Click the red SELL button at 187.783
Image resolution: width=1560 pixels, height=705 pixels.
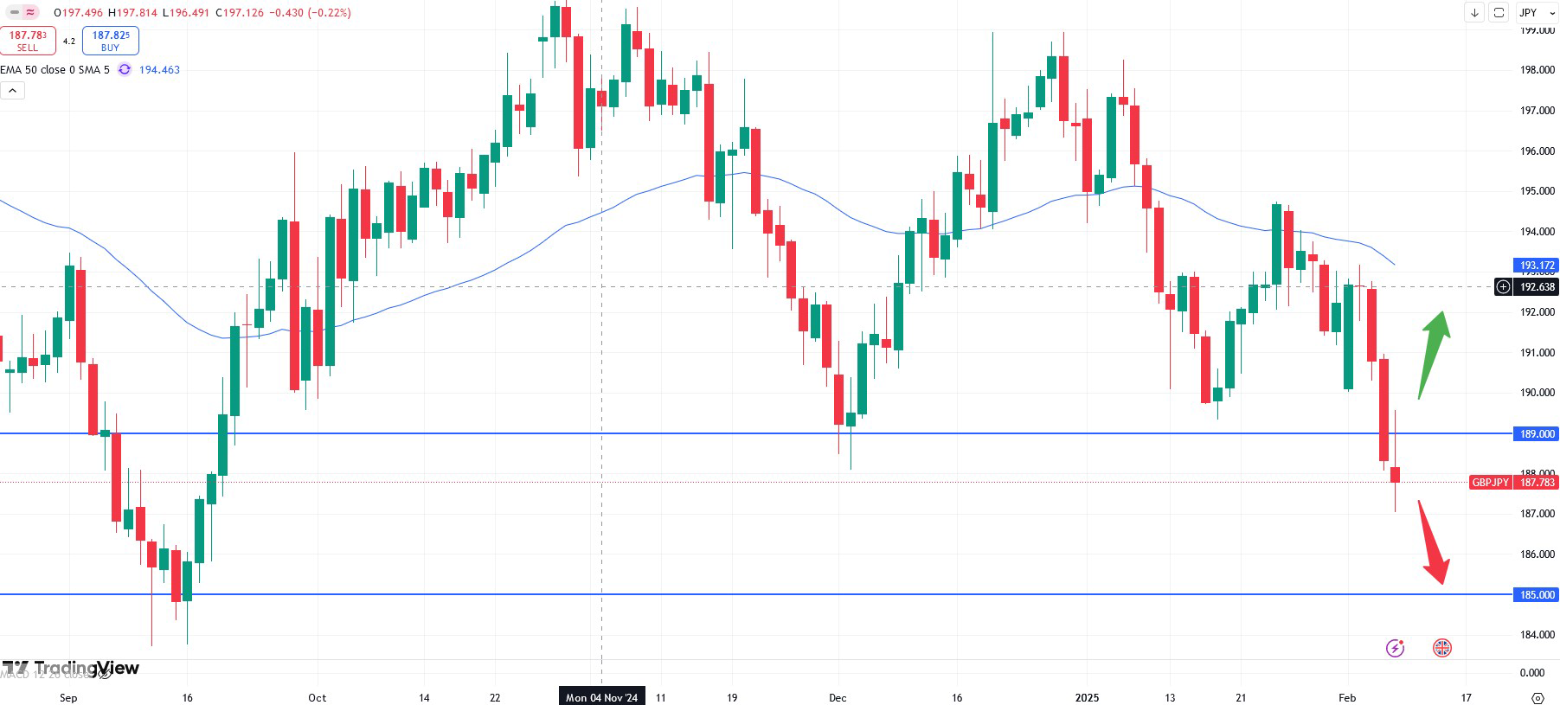[28, 41]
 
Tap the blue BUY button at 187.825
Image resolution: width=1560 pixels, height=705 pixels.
[111, 41]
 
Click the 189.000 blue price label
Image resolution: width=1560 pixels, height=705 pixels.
[1537, 434]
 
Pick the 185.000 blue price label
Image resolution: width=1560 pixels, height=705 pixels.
[1537, 595]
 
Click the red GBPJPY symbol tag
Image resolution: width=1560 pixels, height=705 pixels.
[1490, 483]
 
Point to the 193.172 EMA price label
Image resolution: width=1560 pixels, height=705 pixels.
[1537, 266]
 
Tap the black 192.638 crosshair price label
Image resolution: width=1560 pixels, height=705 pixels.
[1537, 287]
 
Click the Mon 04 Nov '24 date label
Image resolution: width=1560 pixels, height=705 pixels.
[601, 697]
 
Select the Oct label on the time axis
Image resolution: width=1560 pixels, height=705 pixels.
[318, 697]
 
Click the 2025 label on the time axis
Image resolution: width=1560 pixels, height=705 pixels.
[1087, 697]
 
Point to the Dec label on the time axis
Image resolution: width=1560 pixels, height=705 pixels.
[838, 697]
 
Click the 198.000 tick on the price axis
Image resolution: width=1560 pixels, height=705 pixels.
[1538, 70]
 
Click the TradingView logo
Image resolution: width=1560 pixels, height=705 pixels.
[71, 669]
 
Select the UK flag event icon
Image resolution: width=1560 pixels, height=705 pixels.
[1442, 648]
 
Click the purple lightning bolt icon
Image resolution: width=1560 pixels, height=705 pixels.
[1395, 648]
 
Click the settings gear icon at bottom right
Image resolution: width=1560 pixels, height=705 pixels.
[1538, 697]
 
